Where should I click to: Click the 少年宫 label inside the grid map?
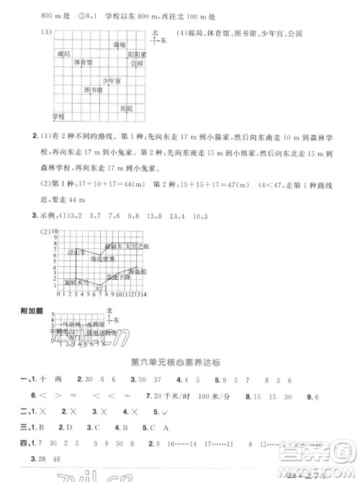click(111, 81)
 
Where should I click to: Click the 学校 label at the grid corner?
click(58, 116)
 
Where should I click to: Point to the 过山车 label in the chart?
click(76, 253)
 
